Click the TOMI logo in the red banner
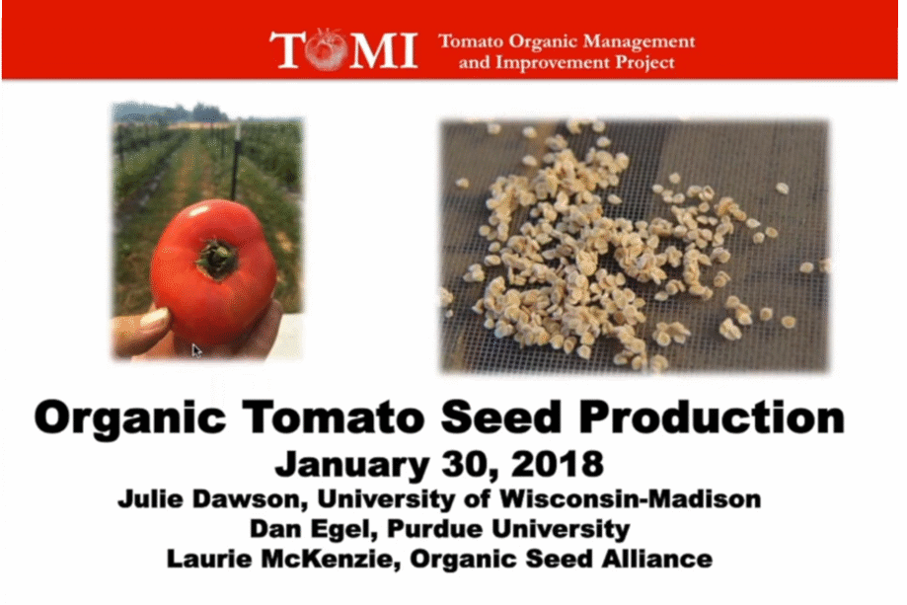coord(343,49)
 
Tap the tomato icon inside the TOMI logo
coord(328,49)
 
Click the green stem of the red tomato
coord(217,260)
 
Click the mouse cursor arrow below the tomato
coord(196,350)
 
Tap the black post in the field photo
coord(235,161)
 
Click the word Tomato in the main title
coord(334,417)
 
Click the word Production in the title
coord(712,417)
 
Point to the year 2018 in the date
coord(558,464)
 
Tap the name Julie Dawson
coord(212,498)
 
